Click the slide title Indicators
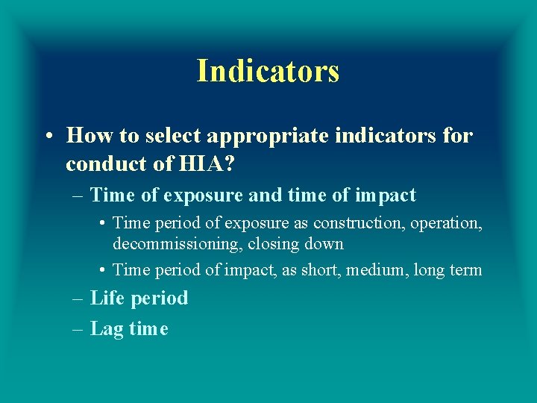point(268,71)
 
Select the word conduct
point(99,163)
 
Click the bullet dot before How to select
point(47,136)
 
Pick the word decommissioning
point(176,243)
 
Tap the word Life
point(105,298)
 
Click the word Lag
point(107,328)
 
